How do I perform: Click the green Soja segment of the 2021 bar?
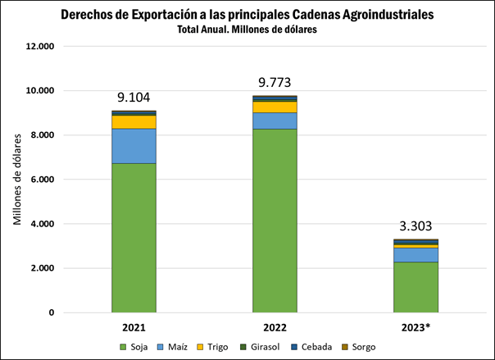(x=134, y=238)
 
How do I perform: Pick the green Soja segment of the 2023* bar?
(x=416, y=287)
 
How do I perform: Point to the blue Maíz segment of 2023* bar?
(x=416, y=254)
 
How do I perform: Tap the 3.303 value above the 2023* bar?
(x=416, y=226)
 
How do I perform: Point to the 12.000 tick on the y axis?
(x=40, y=47)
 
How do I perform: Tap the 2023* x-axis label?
(x=416, y=326)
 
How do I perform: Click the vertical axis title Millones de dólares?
(x=17, y=180)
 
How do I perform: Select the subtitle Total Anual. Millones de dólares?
(x=247, y=30)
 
